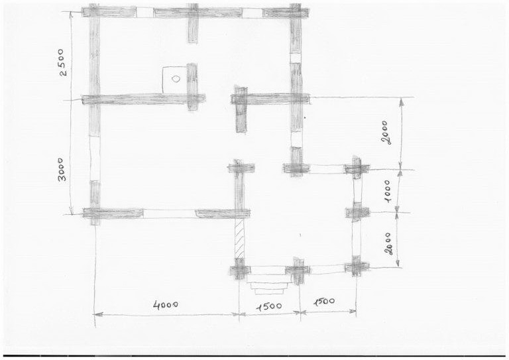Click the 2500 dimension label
click(64, 62)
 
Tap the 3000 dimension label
click(62, 170)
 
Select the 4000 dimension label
click(166, 305)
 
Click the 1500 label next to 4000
click(270, 306)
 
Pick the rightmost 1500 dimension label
click(324, 302)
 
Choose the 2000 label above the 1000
click(386, 132)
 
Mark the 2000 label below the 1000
click(389, 244)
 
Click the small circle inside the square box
click(176, 79)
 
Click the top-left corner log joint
click(94, 12)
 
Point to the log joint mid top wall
click(193, 13)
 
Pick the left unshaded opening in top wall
click(144, 13)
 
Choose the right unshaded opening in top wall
click(253, 13)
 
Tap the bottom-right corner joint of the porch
click(357, 267)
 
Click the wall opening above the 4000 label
click(169, 213)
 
